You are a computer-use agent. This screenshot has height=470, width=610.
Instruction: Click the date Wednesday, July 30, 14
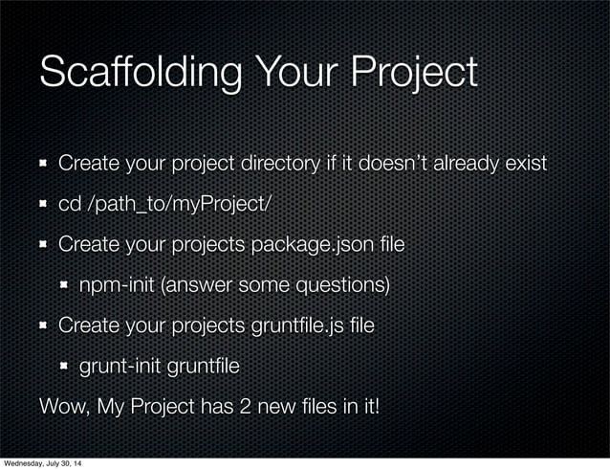coord(42,464)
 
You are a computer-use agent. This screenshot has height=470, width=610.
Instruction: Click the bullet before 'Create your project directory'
coord(44,165)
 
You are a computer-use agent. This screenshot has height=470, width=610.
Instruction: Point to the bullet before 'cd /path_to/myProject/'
coord(44,205)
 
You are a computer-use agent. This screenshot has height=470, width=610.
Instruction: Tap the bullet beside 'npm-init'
coord(64,285)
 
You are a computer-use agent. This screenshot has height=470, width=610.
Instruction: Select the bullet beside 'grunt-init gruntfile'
coord(64,366)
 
